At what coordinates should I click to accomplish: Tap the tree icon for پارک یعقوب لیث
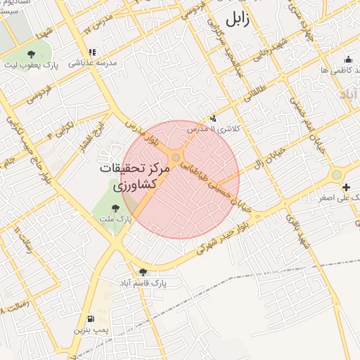(30, 53)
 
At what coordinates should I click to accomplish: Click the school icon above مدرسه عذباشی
(92, 52)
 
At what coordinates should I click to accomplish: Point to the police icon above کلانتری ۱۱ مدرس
(214, 118)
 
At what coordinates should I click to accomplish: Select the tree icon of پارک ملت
(115, 207)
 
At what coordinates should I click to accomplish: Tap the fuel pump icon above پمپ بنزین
(91, 318)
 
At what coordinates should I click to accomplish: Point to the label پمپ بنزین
(91, 329)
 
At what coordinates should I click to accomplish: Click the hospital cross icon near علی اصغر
(345, 187)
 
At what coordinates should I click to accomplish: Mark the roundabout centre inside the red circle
(175, 157)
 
